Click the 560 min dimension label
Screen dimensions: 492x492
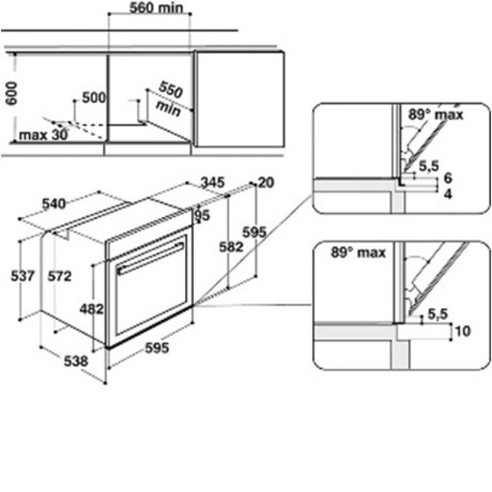point(156,8)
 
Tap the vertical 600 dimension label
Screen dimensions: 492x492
point(12,93)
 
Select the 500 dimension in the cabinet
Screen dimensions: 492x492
point(94,98)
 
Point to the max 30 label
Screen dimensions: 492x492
point(43,135)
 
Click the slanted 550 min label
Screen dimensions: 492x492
point(170,98)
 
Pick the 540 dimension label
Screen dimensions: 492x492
point(54,204)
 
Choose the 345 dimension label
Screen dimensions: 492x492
point(212,182)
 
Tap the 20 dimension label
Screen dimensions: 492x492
point(266,182)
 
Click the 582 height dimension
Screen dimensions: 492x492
point(231,247)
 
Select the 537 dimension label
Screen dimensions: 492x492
point(22,276)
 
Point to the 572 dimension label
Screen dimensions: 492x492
point(60,276)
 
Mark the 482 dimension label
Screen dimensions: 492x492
point(91,309)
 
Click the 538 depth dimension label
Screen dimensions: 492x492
point(76,361)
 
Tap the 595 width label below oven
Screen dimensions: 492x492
point(157,347)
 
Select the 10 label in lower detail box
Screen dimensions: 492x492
point(463,331)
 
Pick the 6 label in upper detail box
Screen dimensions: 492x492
point(448,178)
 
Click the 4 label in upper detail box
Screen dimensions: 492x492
point(448,194)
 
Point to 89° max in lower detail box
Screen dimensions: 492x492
point(358,252)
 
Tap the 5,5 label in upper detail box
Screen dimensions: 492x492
point(429,166)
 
